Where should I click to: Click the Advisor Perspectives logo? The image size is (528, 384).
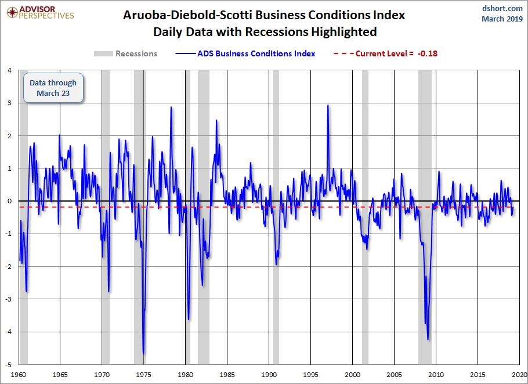click(x=40, y=12)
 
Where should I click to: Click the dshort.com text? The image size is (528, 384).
click(x=502, y=8)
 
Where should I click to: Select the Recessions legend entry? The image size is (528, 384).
click(x=125, y=53)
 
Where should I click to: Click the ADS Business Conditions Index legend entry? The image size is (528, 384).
click(x=245, y=53)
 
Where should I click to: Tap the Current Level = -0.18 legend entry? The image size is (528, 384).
click(x=385, y=53)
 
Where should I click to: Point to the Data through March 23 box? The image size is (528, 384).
click(x=53, y=88)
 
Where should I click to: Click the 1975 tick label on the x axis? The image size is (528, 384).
click(x=143, y=375)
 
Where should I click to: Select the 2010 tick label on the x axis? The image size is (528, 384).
click(x=436, y=375)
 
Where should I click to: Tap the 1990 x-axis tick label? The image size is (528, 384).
click(x=269, y=375)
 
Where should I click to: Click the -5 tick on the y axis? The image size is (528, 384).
click(x=9, y=364)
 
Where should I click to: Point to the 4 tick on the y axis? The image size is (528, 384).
click(x=10, y=70)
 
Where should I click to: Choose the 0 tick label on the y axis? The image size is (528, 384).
click(x=10, y=201)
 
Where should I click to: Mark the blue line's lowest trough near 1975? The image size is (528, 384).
click(x=143, y=354)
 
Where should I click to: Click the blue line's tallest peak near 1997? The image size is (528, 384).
click(x=328, y=105)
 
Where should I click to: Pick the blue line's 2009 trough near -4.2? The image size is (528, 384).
click(x=428, y=339)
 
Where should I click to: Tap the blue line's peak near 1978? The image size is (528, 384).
click(x=171, y=107)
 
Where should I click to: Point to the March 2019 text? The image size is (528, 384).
click(x=502, y=19)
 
